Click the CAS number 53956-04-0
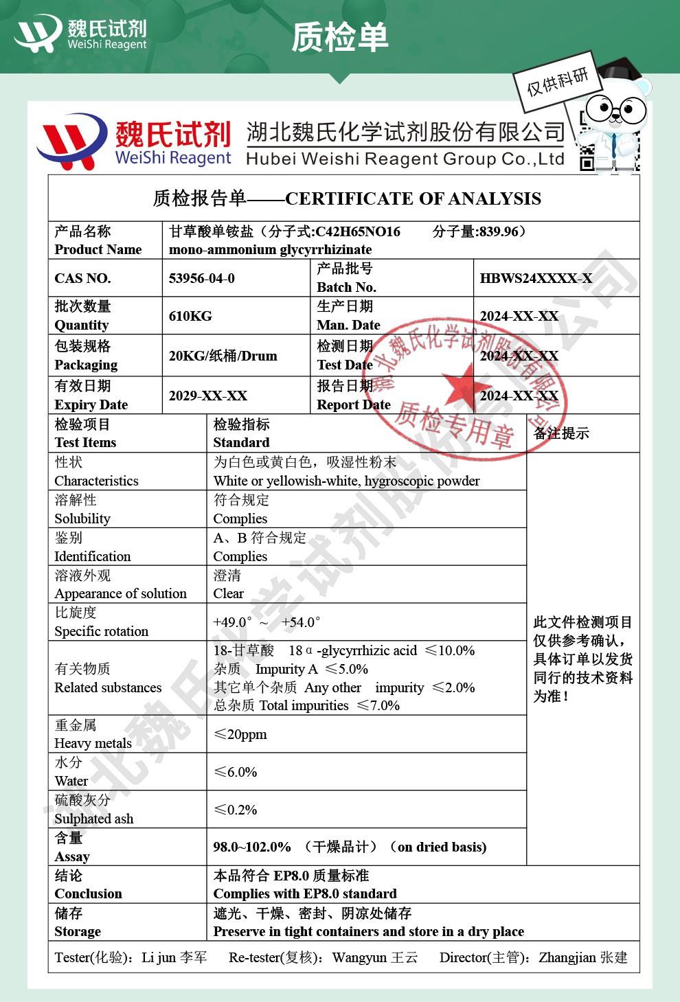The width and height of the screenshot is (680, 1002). (201, 278)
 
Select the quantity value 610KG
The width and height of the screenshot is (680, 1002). (190, 316)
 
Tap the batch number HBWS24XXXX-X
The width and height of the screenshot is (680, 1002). (536, 278)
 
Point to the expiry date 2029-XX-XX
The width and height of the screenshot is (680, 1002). (207, 396)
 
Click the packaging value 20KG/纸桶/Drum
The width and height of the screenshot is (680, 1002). (223, 356)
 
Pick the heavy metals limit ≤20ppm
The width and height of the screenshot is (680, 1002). (240, 734)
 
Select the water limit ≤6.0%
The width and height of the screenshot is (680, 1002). (235, 772)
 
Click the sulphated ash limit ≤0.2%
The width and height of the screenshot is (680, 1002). (235, 810)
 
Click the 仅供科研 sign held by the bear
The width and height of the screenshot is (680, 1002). (558, 82)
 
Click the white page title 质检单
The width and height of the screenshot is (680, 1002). (340, 37)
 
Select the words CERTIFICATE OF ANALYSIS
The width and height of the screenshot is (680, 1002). (413, 199)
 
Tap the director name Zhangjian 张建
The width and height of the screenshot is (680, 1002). (583, 957)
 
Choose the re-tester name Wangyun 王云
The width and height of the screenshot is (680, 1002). (375, 957)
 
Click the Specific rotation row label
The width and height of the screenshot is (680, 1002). (101, 631)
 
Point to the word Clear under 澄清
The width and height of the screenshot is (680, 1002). (228, 593)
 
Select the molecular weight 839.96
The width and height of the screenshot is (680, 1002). (498, 231)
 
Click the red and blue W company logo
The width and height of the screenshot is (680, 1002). (71, 141)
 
